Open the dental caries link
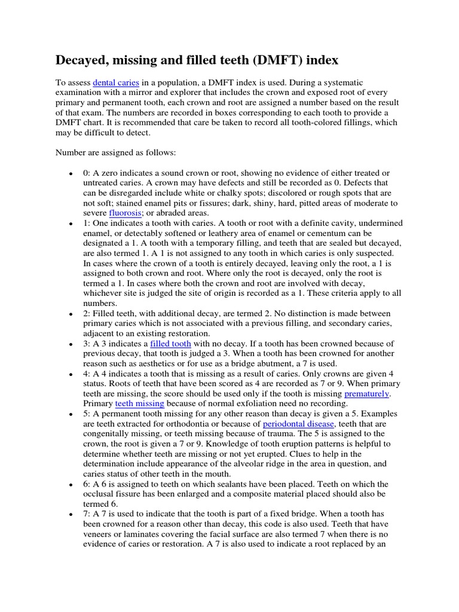click(x=117, y=82)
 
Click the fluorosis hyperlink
click(x=125, y=213)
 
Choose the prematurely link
click(x=367, y=394)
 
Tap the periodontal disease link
click(x=297, y=424)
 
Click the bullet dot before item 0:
click(x=71, y=173)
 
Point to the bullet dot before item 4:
click(x=71, y=374)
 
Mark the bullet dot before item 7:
click(x=71, y=515)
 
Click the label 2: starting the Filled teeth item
click(x=87, y=314)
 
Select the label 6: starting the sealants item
click(x=87, y=484)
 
